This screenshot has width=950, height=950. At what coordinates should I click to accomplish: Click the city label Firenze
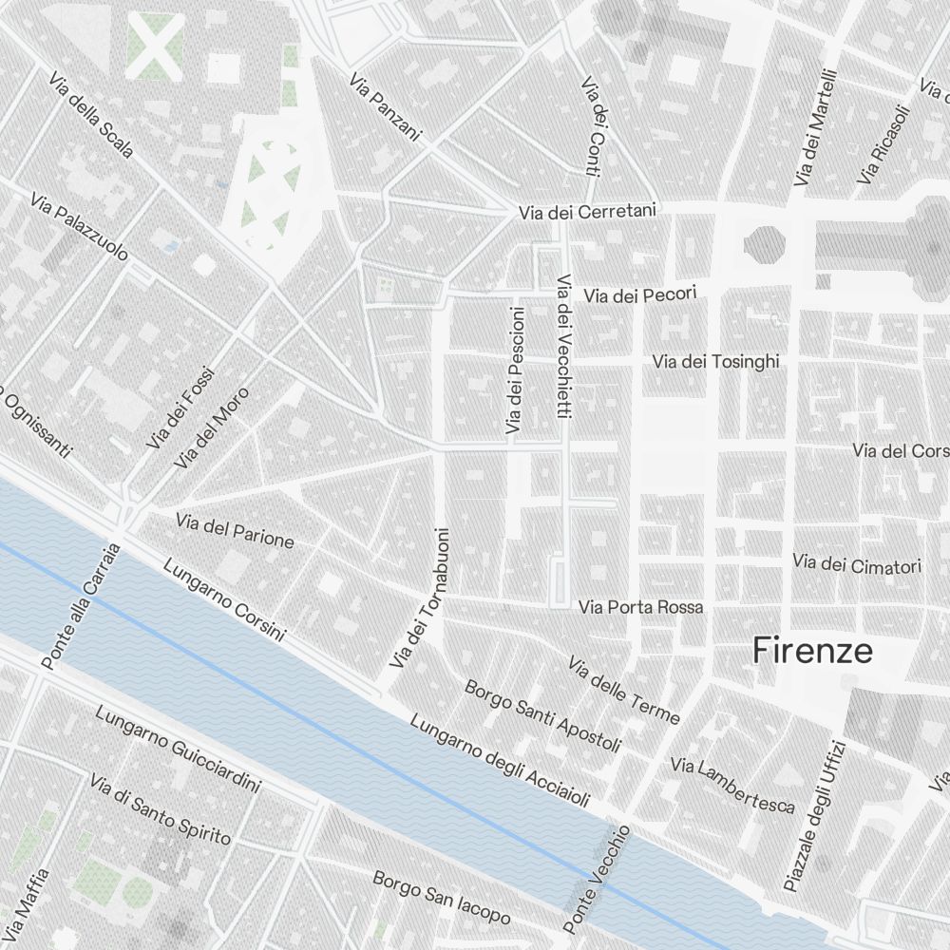click(812, 652)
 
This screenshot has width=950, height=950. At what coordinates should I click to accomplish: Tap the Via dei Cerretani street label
click(587, 212)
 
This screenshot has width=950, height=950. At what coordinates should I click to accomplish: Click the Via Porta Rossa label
click(641, 606)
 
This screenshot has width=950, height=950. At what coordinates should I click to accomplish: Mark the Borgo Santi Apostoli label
click(541, 715)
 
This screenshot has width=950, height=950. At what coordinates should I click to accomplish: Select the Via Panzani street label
click(385, 107)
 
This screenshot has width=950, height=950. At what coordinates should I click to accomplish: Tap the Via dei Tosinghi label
click(715, 362)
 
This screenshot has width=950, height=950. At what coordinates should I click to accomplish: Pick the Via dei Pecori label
click(640, 295)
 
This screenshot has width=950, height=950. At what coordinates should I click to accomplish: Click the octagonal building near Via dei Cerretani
click(766, 243)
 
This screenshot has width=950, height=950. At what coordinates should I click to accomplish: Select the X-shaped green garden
click(155, 46)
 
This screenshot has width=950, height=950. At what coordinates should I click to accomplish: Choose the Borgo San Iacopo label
click(441, 898)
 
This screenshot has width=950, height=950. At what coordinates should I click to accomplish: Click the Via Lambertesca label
click(731, 785)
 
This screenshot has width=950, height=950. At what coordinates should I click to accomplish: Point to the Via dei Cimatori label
click(857, 565)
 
